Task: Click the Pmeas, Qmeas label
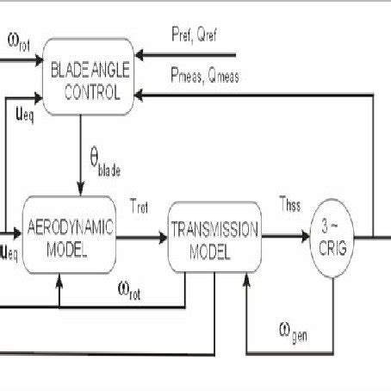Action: pos(204,77)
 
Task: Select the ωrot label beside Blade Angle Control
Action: pos(18,40)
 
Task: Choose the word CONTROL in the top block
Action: pos(95,87)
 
